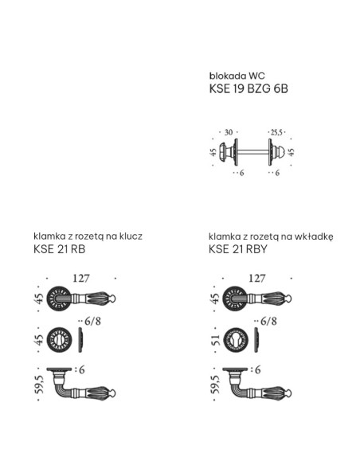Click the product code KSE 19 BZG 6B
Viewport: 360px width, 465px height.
pyautogui.click(x=248, y=88)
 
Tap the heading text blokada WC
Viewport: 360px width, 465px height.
pyautogui.click(x=237, y=76)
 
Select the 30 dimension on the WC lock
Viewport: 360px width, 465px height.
pyautogui.click(x=229, y=132)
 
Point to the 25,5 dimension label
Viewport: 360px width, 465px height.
pyautogui.click(x=276, y=132)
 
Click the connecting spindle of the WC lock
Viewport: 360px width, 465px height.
pyautogui.click(x=253, y=152)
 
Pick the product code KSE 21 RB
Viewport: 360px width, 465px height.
pyautogui.click(x=59, y=249)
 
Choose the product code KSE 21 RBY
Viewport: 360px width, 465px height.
pyautogui.click(x=238, y=249)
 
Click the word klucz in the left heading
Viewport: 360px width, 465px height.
pyautogui.click(x=131, y=236)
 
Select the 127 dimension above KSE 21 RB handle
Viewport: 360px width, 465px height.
pyautogui.click(x=81, y=279)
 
